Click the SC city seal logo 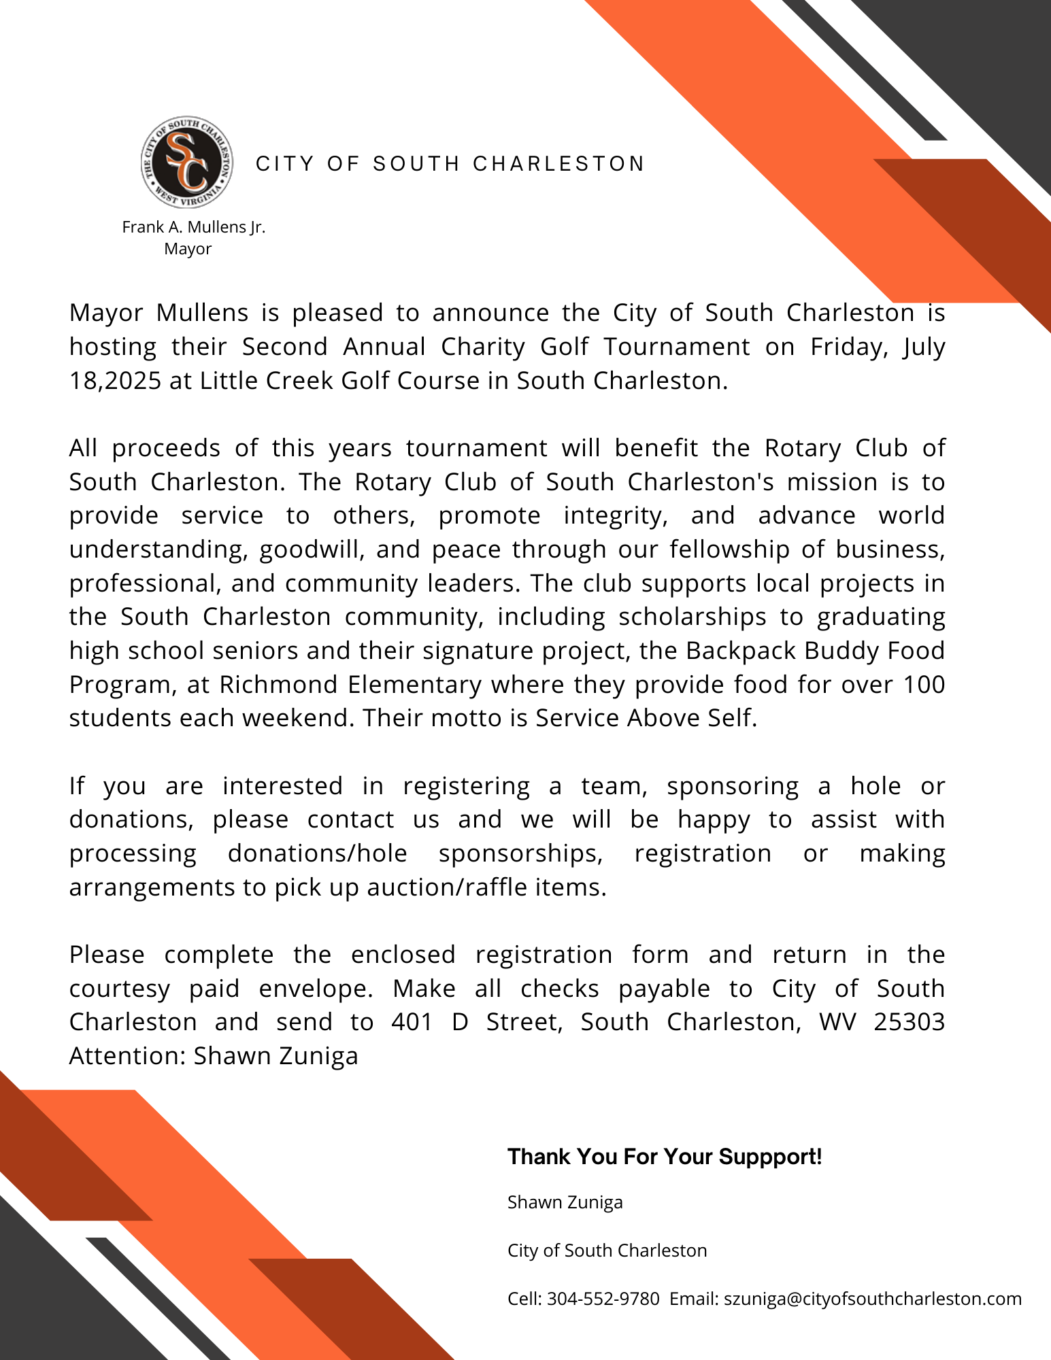(187, 162)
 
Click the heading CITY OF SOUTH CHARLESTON (450, 164)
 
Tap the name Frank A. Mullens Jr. (193, 227)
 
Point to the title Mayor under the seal (188, 249)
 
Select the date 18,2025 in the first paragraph (115, 381)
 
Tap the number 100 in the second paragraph (924, 685)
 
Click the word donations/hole (317, 853)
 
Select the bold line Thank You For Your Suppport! (665, 1157)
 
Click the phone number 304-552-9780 (603, 1299)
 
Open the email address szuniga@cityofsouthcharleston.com (873, 1299)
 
